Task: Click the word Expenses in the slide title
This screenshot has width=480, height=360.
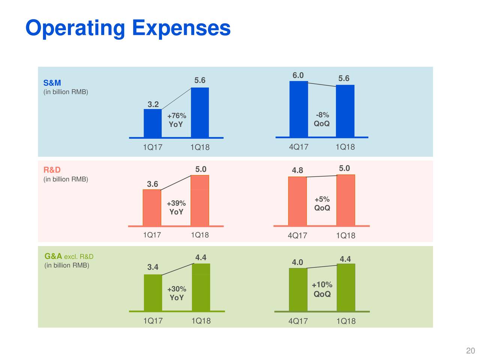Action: [181, 28]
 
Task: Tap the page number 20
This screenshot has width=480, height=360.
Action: [470, 351]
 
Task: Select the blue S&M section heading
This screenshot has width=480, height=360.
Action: [52, 83]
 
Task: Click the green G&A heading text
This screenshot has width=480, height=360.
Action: [53, 256]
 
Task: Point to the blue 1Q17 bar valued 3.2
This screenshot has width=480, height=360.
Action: [153, 123]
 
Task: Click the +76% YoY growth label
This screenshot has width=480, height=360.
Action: [176, 120]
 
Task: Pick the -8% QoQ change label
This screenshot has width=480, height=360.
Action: [322, 119]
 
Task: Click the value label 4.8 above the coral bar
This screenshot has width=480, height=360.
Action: [297, 171]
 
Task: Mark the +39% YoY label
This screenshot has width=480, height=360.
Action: [176, 207]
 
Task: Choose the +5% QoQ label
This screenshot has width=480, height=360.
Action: [322, 204]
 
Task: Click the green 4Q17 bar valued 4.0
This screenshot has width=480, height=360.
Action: [298, 289]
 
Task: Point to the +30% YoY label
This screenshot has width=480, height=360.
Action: [177, 293]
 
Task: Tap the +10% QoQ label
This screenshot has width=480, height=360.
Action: [322, 289]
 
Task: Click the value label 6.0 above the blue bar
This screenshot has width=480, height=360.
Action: [298, 75]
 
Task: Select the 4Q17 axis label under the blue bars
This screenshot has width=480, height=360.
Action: [298, 147]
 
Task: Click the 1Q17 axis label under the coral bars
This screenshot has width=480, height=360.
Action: [152, 235]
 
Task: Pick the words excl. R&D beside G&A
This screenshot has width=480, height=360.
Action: [79, 257]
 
